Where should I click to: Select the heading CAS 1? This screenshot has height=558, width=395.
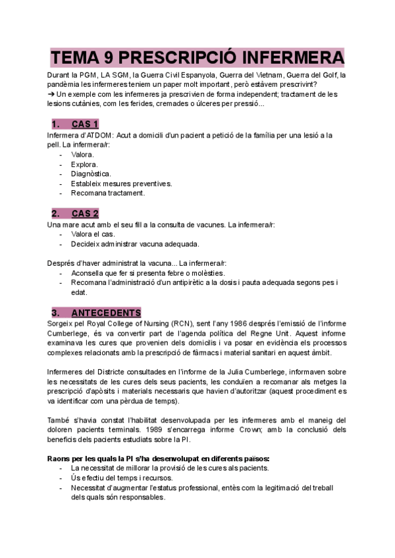(85, 124)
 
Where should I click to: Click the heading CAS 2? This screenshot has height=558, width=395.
(85, 213)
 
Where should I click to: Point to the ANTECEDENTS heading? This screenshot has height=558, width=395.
(105, 312)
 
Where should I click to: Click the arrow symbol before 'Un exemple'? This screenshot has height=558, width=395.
(51, 93)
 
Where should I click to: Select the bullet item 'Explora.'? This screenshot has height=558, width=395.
(84, 165)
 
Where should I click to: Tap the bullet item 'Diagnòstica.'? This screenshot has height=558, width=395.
(90, 174)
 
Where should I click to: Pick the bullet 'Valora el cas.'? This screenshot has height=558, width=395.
(93, 234)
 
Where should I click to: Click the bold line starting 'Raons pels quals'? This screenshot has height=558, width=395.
(158, 458)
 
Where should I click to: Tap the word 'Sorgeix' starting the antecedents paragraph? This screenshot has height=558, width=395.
(63, 324)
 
